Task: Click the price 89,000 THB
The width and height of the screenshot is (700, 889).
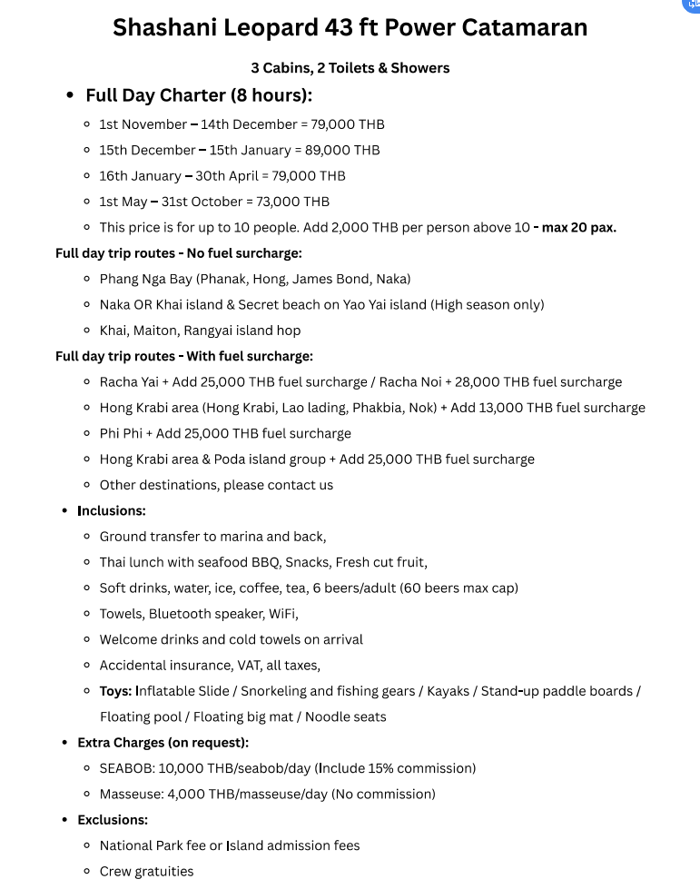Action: (349, 150)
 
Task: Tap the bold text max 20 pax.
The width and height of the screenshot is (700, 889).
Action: (579, 228)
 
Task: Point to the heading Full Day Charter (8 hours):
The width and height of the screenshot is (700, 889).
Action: (199, 95)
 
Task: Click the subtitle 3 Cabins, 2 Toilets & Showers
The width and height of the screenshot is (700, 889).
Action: (350, 67)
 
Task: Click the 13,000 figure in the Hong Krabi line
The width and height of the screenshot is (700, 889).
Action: (498, 408)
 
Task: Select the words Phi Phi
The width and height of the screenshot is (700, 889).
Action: (122, 433)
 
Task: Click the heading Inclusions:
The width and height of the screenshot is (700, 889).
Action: (111, 510)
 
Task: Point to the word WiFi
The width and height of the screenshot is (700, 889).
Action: (283, 614)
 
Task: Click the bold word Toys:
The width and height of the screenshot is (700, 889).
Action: (115, 691)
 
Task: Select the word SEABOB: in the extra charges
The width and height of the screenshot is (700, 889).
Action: (127, 768)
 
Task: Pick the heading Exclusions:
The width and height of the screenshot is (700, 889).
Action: (113, 819)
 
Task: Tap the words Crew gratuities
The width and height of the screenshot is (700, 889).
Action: (146, 871)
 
